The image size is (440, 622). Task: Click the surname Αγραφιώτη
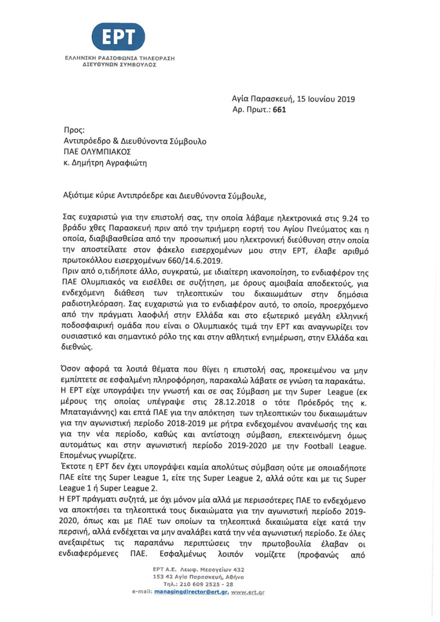click(127, 162)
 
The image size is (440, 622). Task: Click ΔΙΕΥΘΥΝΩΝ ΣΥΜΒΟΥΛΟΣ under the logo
click(113, 65)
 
